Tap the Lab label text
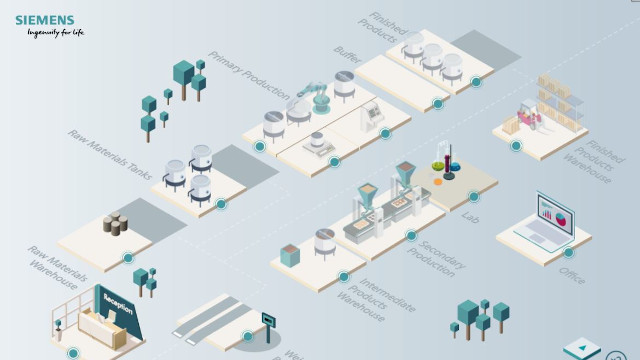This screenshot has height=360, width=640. pyautogui.click(x=471, y=214)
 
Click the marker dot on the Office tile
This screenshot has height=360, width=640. pyautogui.click(x=568, y=253)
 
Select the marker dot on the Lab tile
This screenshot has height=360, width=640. pyautogui.click(x=474, y=196)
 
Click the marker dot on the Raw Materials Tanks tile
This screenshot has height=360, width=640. pyautogui.click(x=221, y=204)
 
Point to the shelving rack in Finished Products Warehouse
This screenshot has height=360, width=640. pyautogui.click(x=563, y=99)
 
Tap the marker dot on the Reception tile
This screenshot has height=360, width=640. pyautogui.click(x=73, y=353)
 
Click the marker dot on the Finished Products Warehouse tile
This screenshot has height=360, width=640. pyautogui.click(x=516, y=146)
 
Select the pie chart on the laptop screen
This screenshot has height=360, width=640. pyautogui.click(x=560, y=216)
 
